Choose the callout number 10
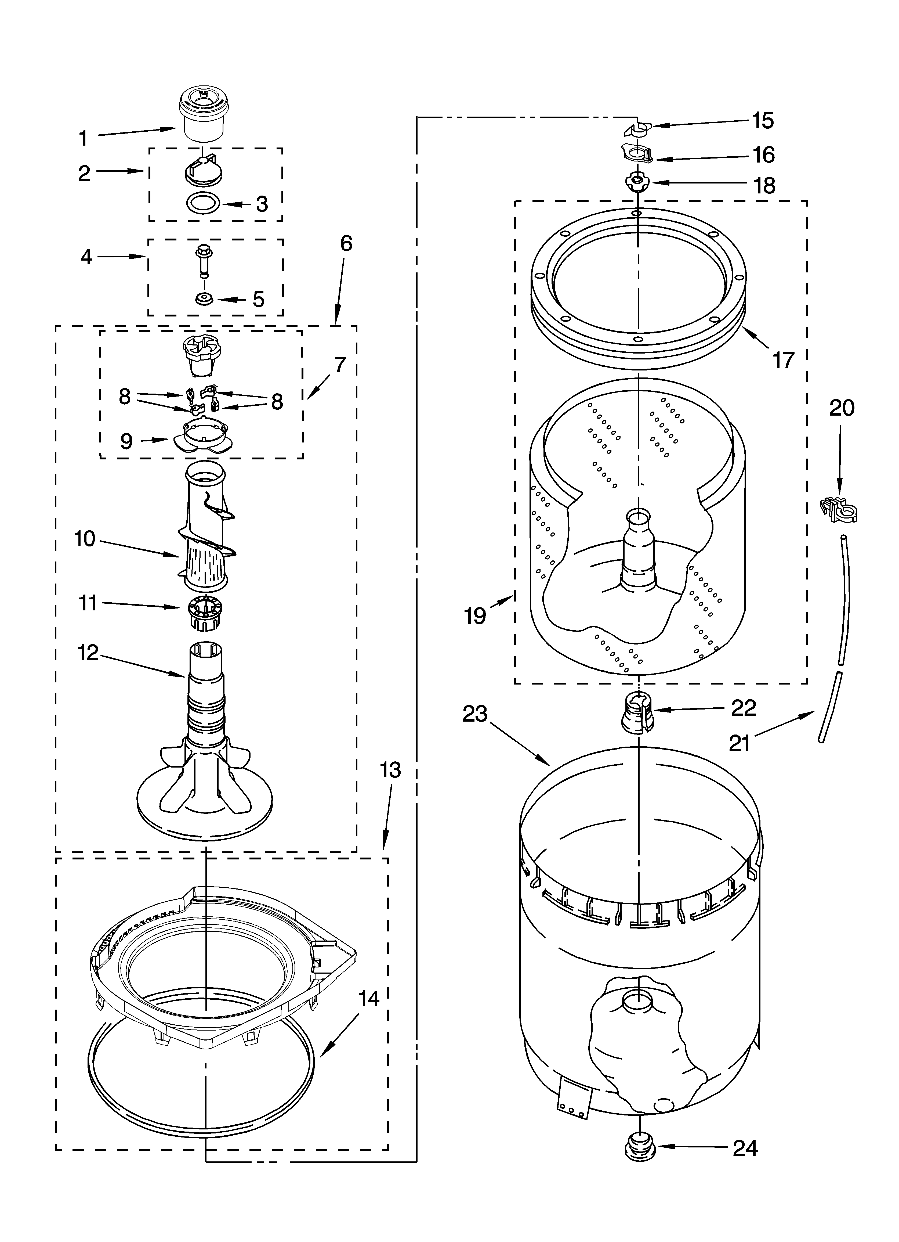pyautogui.click(x=85, y=539)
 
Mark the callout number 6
pyautogui.click(x=346, y=243)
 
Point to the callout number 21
pyautogui.click(x=739, y=743)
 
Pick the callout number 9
pyautogui.click(x=126, y=441)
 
